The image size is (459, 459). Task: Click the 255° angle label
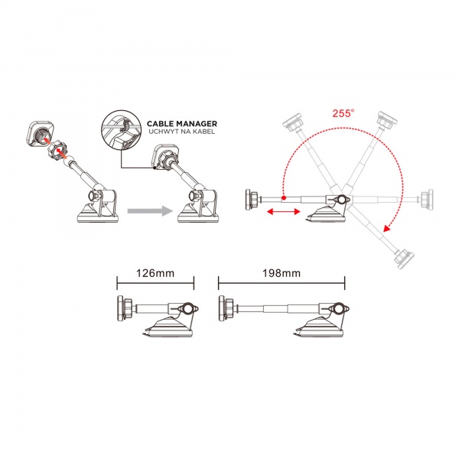point(343,113)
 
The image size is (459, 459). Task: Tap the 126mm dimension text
point(155,273)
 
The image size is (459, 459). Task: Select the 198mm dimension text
point(282,273)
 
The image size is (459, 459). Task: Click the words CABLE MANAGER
point(182,123)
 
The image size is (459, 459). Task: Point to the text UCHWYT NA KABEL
point(182,132)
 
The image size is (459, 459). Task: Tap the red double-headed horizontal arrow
point(283,211)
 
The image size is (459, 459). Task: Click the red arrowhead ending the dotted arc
point(388,228)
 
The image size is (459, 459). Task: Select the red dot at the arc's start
point(283,198)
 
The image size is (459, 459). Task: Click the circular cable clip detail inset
point(121,130)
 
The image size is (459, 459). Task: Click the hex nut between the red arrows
point(58,149)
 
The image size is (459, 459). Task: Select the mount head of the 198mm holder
point(226,308)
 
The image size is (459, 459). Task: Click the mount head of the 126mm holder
point(125,308)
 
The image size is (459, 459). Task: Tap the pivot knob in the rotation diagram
point(340,200)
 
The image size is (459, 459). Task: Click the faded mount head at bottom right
point(404,259)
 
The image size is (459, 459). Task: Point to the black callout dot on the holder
point(155,168)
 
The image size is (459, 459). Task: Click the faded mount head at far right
point(427,200)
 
